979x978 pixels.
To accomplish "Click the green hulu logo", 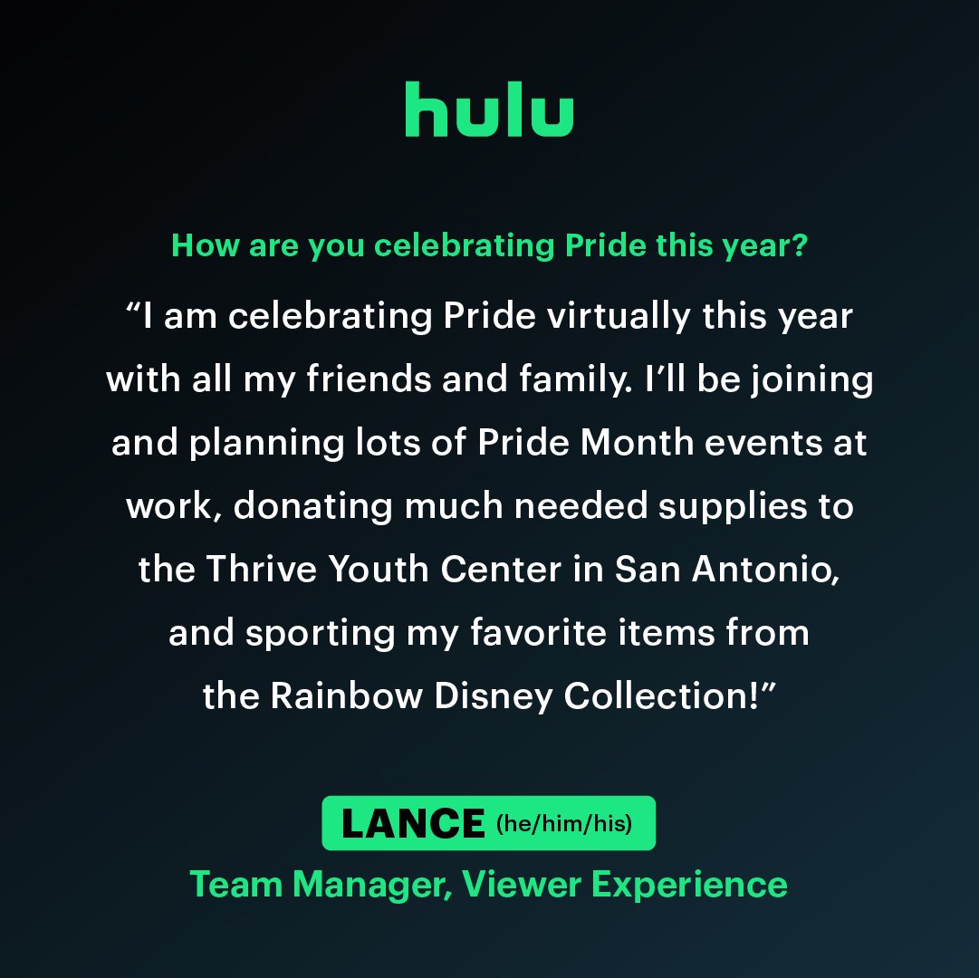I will (489, 110).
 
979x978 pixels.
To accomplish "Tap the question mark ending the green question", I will (799, 246).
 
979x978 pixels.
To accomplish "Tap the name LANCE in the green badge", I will (413, 823).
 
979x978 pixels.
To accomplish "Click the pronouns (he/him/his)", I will (563, 824).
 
